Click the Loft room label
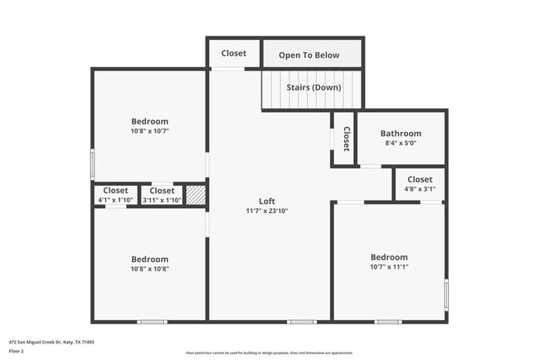click(x=266, y=201)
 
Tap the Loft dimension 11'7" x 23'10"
click(x=266, y=211)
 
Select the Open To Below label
click(x=308, y=55)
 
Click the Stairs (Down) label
click(x=313, y=87)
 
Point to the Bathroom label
click(x=401, y=134)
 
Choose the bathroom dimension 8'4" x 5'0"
click(x=401, y=144)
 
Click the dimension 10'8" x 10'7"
click(x=149, y=131)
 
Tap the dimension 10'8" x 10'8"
click(x=149, y=269)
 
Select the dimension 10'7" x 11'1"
click(x=389, y=267)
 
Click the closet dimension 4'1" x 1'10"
click(x=115, y=200)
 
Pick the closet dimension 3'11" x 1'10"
click(x=162, y=200)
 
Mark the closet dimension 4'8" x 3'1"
click(x=420, y=189)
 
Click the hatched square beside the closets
click(x=195, y=195)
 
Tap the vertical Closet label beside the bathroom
click(x=346, y=139)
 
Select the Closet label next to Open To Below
click(x=234, y=53)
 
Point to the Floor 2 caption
click(x=17, y=351)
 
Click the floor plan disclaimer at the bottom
click(x=269, y=353)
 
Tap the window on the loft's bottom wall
click(x=301, y=322)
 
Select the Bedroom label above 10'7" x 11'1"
click(x=389, y=257)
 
